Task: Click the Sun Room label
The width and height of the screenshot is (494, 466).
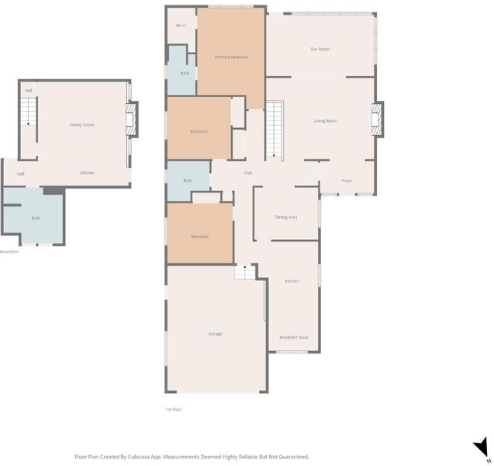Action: pyautogui.click(x=320, y=49)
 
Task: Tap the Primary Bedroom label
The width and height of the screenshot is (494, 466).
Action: pyautogui.click(x=232, y=57)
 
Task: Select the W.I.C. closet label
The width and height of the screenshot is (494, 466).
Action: pyautogui.click(x=181, y=26)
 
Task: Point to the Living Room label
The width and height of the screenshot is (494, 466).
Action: pyautogui.click(x=325, y=121)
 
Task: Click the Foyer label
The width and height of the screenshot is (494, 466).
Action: pyautogui.click(x=347, y=180)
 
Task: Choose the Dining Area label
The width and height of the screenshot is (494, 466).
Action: pyautogui.click(x=286, y=217)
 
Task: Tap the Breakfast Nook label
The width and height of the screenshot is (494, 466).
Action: pyautogui.click(x=294, y=337)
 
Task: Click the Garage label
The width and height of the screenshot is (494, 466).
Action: pyautogui.click(x=215, y=334)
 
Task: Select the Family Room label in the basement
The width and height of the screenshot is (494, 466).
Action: pyautogui.click(x=82, y=125)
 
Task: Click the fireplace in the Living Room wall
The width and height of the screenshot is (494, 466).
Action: pyautogui.click(x=377, y=120)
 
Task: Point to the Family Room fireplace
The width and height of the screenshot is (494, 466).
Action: pyautogui.click(x=131, y=120)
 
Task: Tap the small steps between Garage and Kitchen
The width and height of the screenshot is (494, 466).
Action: pyautogui.click(x=245, y=273)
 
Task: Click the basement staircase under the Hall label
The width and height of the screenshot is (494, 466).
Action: pyautogui.click(x=29, y=111)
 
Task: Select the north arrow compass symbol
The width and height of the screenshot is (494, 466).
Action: pyautogui.click(x=482, y=448)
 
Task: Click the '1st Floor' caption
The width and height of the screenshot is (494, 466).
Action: pyautogui.click(x=174, y=409)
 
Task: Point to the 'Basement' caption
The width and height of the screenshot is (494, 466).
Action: pyautogui.click(x=9, y=252)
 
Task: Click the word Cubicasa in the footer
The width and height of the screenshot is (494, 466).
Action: pyautogui.click(x=140, y=457)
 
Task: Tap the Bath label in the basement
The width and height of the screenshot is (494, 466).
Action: pyautogui.click(x=36, y=217)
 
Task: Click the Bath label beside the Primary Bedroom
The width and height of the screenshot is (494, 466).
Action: pyautogui.click(x=185, y=73)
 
